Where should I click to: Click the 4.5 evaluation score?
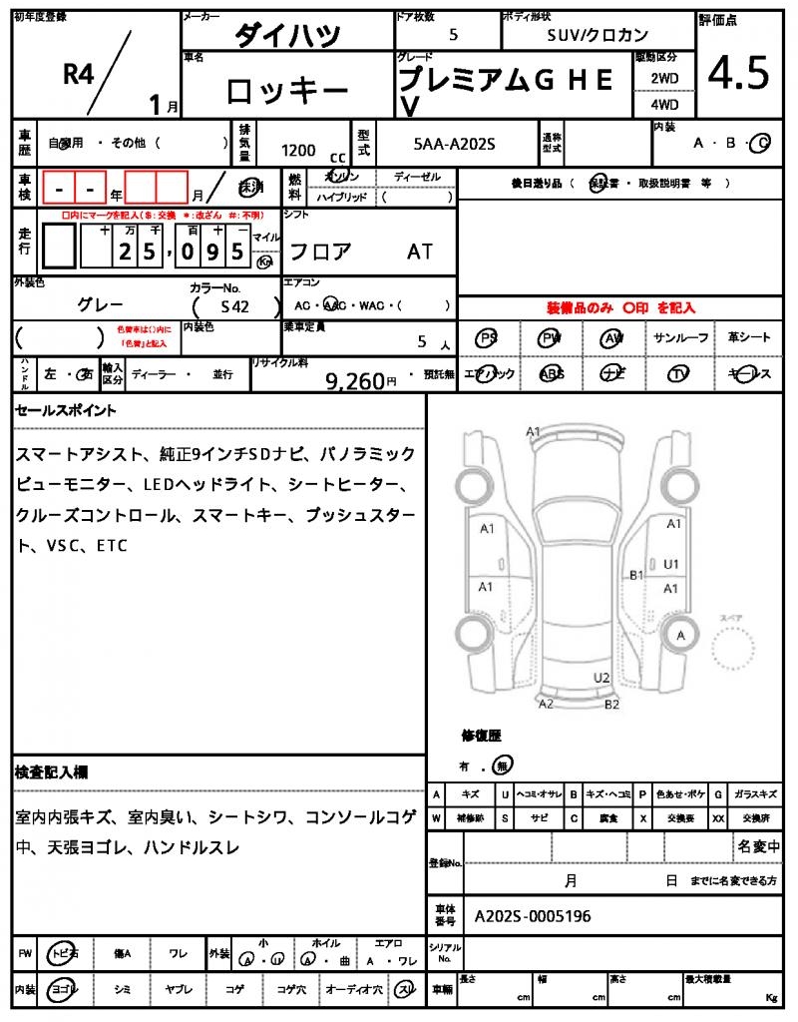coord(738,73)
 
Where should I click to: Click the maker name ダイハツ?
coord(287,36)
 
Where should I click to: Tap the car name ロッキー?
coord(287,92)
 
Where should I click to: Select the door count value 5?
coord(454,35)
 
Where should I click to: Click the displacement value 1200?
coord(298,150)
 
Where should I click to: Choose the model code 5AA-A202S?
coord(454,145)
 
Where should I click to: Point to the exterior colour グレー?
coord(100,304)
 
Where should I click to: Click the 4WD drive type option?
coord(664,104)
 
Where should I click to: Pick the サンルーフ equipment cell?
coord(681,338)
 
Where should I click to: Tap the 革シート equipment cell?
coord(749,338)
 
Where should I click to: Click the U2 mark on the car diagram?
coord(601,678)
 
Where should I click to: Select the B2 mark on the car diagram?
coord(612,704)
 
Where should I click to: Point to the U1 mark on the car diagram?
coord(671,564)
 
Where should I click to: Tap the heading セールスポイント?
coord(66,410)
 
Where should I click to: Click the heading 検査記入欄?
coord(52,771)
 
